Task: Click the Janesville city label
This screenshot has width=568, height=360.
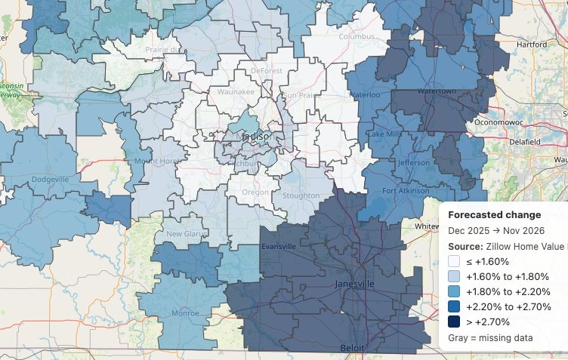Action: [354, 284]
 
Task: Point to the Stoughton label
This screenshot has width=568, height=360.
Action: [301, 196]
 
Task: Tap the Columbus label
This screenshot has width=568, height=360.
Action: [357, 36]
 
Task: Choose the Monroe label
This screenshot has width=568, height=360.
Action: [186, 312]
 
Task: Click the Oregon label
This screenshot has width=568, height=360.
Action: [254, 192]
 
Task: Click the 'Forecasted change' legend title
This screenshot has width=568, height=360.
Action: [494, 214]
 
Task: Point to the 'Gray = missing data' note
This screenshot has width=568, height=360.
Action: [490, 338]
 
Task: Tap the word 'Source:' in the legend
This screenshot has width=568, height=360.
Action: [465, 246]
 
